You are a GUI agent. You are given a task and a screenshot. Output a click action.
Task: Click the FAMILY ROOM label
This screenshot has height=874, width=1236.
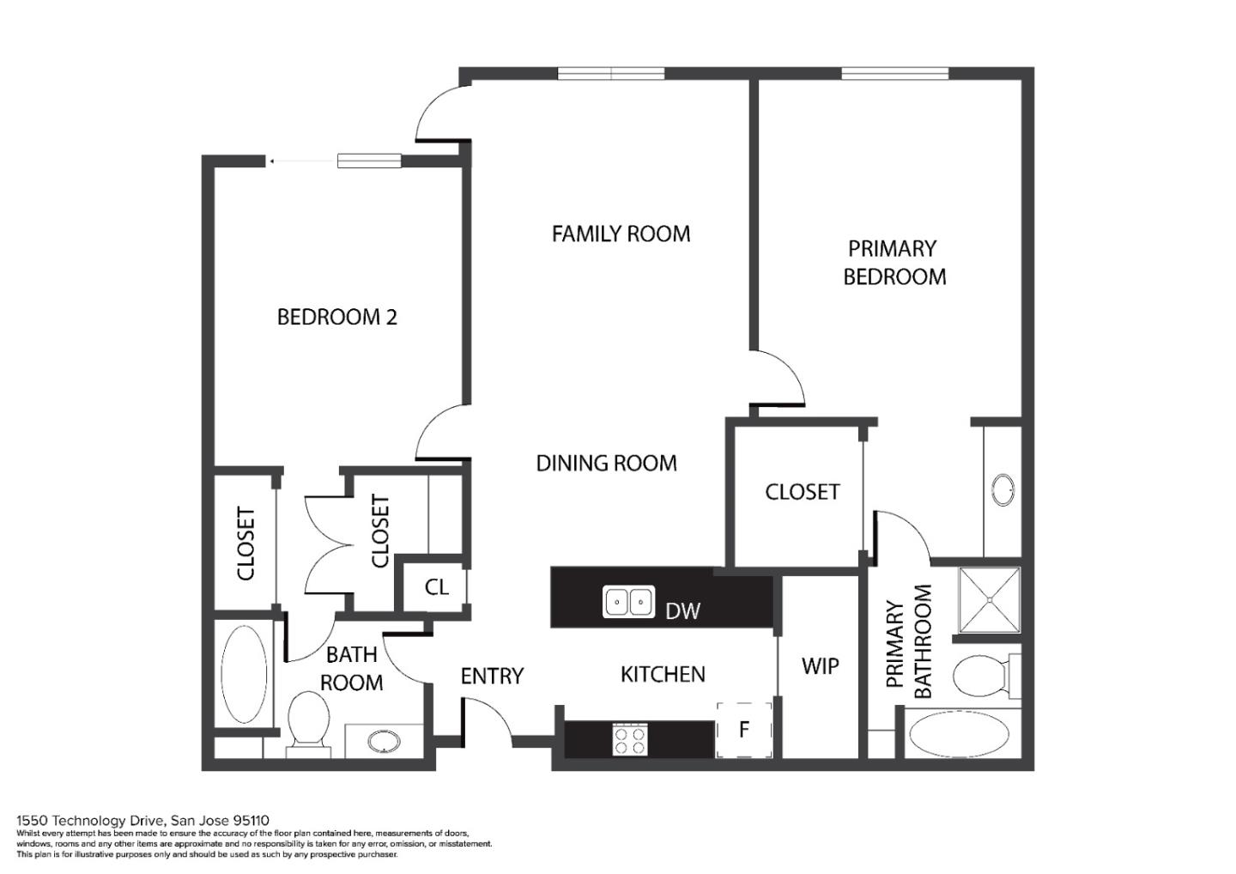[x=621, y=234]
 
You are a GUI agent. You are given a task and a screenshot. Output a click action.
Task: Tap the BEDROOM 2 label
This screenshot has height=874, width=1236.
[x=337, y=317]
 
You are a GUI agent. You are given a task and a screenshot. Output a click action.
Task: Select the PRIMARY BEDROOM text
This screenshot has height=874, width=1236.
[x=894, y=263]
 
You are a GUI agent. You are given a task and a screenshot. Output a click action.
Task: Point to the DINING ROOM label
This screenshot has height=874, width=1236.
[x=606, y=463]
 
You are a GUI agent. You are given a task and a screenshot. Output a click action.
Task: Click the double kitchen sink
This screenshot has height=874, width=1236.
[x=628, y=601]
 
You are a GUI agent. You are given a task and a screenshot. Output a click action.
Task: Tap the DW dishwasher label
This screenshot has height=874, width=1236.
[x=682, y=610]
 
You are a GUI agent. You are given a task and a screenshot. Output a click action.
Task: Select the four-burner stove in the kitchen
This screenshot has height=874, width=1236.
[x=630, y=740]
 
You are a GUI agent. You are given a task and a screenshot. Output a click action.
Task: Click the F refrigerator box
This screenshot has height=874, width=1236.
[x=744, y=730]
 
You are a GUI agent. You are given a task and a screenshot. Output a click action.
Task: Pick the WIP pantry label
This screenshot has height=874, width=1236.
[x=820, y=666]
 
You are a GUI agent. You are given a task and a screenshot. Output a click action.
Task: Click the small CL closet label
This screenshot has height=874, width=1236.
[x=436, y=586]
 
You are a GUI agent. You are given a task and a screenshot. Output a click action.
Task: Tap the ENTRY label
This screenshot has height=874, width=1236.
[x=492, y=676]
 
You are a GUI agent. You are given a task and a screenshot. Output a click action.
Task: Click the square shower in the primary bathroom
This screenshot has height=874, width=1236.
[x=990, y=600]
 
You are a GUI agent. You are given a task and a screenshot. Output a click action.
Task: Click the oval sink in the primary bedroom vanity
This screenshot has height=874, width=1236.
[x=1003, y=489]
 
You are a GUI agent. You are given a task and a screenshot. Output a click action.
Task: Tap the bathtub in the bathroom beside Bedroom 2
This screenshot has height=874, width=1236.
[x=244, y=674]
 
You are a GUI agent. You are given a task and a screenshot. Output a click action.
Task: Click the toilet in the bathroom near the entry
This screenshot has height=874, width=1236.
[x=309, y=724]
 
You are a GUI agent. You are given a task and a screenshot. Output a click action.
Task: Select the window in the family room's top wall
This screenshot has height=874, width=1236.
[x=611, y=73]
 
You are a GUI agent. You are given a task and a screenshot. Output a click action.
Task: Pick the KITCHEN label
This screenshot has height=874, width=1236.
[x=663, y=674]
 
